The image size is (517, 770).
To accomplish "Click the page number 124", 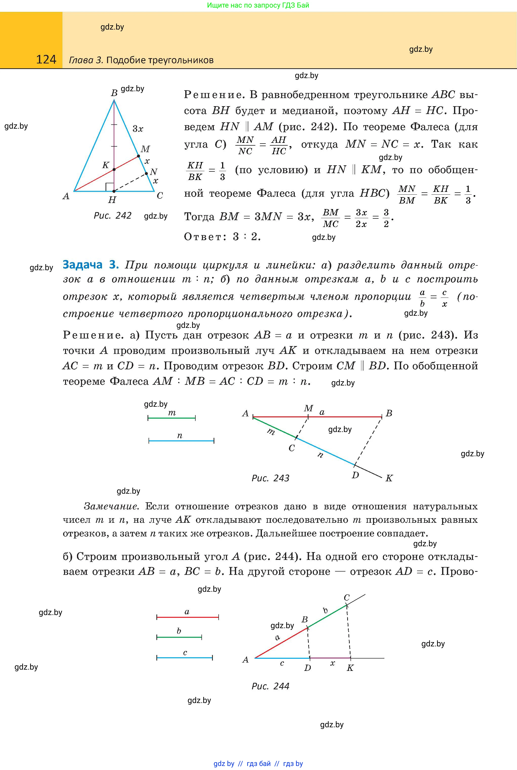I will tap(46, 60).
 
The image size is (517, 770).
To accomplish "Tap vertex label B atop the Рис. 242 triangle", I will tap(114, 93).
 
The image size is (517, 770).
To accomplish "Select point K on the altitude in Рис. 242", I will tap(114, 169).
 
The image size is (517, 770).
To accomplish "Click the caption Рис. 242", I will tap(112, 215).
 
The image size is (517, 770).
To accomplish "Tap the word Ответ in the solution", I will tap(203, 237).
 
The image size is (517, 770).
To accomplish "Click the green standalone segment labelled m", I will tap(172, 418).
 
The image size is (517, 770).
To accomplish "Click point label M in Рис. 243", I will tap(308, 409).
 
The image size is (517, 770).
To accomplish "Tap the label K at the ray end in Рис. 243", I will tap(389, 478).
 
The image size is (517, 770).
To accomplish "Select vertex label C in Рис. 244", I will tap(346, 597).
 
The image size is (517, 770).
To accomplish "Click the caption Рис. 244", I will tap(270, 686).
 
